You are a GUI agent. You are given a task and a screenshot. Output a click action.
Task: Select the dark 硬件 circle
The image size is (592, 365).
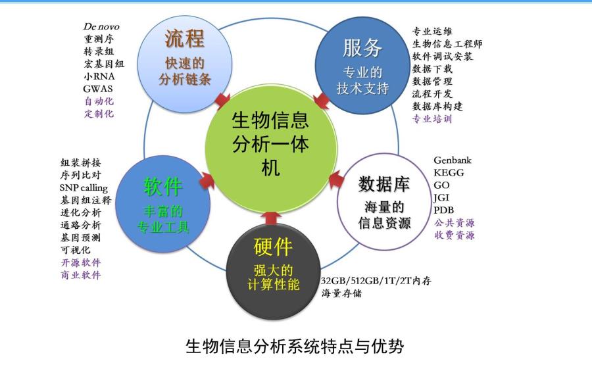click(273, 272)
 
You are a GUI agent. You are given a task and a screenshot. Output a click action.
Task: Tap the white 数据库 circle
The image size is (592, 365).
click(384, 202)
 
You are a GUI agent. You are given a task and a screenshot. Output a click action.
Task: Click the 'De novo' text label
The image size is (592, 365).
click(101, 26)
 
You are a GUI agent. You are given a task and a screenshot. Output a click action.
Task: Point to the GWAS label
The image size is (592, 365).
click(98, 89)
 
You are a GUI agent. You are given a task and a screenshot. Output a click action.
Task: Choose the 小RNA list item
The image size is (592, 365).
click(99, 76)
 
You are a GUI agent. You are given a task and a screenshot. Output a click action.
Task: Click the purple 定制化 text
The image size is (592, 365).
click(99, 114)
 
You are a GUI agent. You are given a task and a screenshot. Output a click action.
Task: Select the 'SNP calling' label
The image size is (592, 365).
click(84, 188)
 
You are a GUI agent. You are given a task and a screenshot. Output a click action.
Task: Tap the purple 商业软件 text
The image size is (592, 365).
click(81, 275)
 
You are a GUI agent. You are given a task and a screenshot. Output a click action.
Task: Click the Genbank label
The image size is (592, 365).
click(453, 160)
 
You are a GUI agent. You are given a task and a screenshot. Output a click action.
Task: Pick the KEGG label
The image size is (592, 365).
click(449, 173)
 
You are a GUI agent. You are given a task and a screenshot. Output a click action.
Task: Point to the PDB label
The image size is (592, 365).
click(443, 210)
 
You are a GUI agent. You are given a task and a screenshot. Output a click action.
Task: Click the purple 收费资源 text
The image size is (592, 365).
click(454, 235)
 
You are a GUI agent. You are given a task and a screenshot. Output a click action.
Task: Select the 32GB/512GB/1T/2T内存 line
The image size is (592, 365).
click(376, 281)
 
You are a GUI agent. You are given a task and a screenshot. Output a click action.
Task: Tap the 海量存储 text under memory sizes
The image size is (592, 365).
click(341, 293)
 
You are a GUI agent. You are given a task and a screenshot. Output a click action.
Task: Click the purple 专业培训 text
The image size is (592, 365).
click(432, 119)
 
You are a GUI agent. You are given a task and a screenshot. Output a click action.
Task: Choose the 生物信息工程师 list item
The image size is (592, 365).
click(447, 44)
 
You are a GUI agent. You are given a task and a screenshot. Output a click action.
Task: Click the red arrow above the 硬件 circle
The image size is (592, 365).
click(272, 218)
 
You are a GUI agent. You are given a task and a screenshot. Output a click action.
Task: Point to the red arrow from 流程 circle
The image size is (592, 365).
click(223, 101)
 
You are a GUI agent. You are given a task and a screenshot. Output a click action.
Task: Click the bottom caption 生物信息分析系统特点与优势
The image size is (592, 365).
click(295, 346)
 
